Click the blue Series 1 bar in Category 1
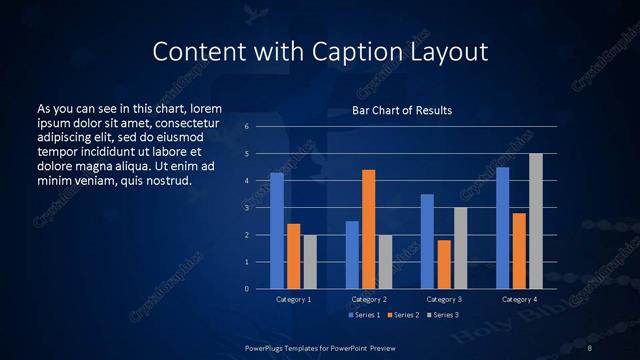(277, 231)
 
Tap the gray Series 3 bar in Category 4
(536, 221)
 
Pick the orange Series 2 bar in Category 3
(444, 264)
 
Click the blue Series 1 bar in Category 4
(503, 228)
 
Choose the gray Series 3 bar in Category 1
(310, 262)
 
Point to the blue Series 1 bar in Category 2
(352, 255)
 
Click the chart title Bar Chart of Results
(402, 110)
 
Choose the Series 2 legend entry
(403, 315)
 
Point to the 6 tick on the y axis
(246, 127)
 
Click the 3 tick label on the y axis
(246, 208)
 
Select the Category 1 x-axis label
(293, 299)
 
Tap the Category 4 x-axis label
(519, 299)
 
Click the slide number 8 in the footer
(590, 347)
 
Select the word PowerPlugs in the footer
(267, 347)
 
